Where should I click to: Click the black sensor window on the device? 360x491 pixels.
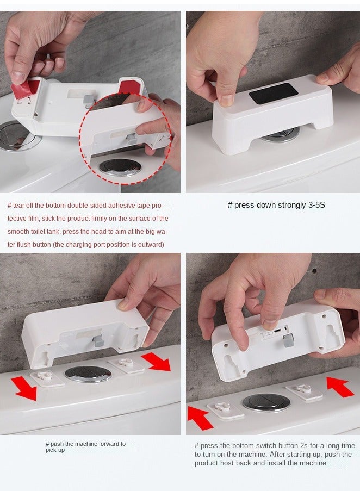click(274, 94)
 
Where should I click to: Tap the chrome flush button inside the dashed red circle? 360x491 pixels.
click(120, 167)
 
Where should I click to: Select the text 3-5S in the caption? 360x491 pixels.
click(316, 205)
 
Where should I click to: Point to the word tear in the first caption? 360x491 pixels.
click(18, 206)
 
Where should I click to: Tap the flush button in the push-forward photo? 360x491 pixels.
click(88, 374)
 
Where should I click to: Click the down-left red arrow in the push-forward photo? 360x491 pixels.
click(24, 389)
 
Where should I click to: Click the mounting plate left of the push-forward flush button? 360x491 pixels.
click(47, 378)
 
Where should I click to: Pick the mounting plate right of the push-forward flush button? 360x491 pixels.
click(127, 365)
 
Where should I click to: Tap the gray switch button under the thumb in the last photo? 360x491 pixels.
click(288, 341)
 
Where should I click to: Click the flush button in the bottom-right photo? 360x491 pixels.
click(266, 402)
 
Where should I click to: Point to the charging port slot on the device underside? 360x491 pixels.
click(277, 331)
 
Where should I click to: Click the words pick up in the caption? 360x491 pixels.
click(55, 450)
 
